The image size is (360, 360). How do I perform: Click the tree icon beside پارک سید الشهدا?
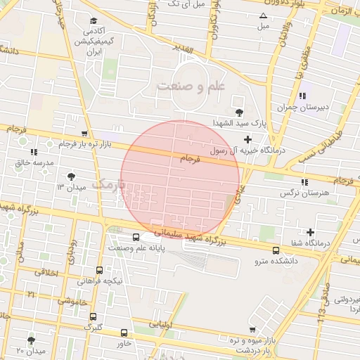pyautogui.click(x=240, y=111)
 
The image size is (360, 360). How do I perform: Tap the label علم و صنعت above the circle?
pyautogui.click(x=191, y=86)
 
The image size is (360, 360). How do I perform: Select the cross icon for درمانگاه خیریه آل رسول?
pyautogui.click(x=247, y=139)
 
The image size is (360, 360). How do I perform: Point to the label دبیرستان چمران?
pyautogui.click(x=298, y=107)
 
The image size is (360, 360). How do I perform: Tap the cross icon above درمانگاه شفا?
pyautogui.click(x=310, y=232)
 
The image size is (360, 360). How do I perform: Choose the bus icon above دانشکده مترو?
pyautogui.click(x=276, y=250)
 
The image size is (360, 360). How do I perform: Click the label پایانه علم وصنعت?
pyautogui.click(x=136, y=247)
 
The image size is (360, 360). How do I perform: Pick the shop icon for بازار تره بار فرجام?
pyautogui.click(x=84, y=133)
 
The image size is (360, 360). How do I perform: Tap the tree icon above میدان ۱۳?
pyautogui.click(x=70, y=176)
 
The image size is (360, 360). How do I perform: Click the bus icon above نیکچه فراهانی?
pyautogui.click(x=99, y=270)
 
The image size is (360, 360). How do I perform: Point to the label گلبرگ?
pyautogui.click(x=93, y=327)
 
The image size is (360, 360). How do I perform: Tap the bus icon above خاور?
pyautogui.click(x=124, y=333)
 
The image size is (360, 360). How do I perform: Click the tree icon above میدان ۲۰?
pyautogui.click(x=31, y=340)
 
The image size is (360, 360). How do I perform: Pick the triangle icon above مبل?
pyautogui.click(x=263, y=15)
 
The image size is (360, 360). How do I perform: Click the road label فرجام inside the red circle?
pyautogui.click(x=190, y=161)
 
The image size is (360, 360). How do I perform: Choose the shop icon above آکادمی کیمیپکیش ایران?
pyautogui.click(x=94, y=21)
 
